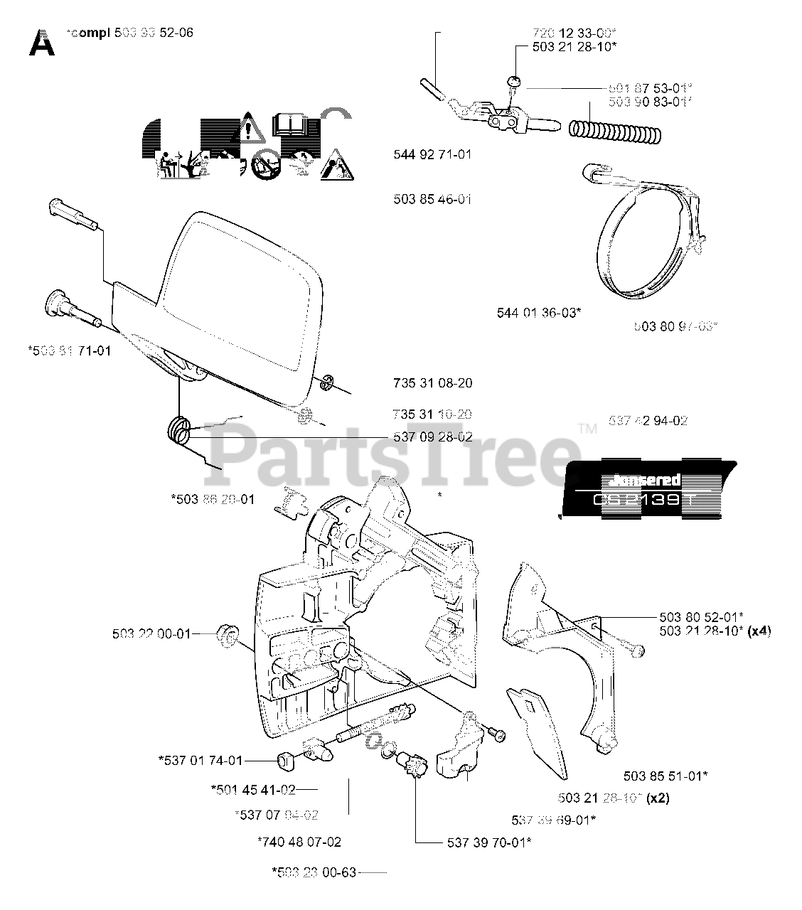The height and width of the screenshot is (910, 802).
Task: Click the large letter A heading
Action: [42, 43]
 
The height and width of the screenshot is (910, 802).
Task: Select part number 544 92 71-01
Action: [432, 154]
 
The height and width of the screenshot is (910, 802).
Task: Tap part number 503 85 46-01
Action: [432, 199]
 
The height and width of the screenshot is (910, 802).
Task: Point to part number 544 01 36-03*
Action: [539, 311]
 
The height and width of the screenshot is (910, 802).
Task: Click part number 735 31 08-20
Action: [432, 383]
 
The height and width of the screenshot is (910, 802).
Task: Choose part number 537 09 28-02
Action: [432, 437]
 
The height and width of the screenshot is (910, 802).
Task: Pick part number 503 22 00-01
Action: [151, 633]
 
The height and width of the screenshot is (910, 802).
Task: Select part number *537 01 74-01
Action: [200, 761]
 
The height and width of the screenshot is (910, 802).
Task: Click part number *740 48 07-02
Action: [299, 842]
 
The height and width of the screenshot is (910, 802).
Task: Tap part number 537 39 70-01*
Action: [489, 842]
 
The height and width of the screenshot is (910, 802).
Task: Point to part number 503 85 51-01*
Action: [665, 776]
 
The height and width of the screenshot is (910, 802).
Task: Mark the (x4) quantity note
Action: [759, 631]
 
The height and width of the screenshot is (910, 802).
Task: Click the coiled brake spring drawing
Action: [616, 131]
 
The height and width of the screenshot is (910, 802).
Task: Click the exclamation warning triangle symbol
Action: [248, 129]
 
